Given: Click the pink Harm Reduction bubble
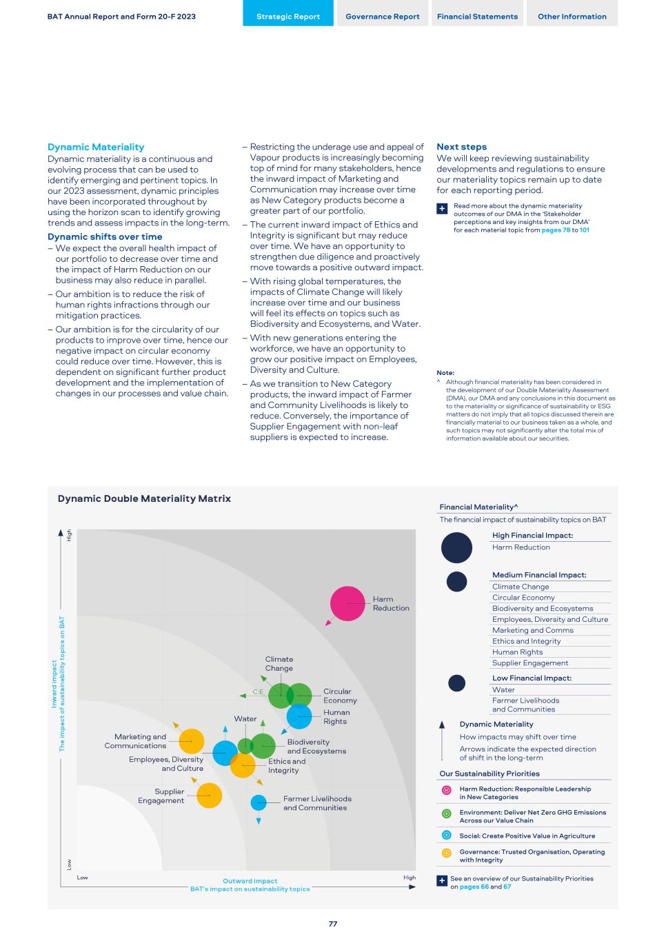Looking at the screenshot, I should tap(347, 603).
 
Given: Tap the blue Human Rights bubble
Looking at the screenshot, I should tap(299, 716).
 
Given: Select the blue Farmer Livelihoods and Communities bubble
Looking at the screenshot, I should tap(259, 802).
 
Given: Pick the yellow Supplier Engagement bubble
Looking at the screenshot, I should tap(209, 796).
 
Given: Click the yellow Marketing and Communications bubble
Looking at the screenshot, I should tap(191, 741).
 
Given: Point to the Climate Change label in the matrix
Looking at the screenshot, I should tap(279, 664).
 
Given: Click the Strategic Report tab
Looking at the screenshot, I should tap(288, 17).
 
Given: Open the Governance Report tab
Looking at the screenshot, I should tap(383, 17).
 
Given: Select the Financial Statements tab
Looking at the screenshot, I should tap(477, 17).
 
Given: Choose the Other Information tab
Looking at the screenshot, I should tap(572, 17).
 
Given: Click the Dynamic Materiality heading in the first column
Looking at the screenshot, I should tap(96, 147).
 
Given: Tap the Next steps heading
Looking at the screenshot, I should tap(461, 147).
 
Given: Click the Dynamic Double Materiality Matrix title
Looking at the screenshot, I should tap(144, 498).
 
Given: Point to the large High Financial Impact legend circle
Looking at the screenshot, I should tap(456, 547).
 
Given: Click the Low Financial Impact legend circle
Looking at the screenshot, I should tap(456, 683).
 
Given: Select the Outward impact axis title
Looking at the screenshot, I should tap(250, 881).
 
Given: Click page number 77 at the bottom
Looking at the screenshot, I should tap(333, 924).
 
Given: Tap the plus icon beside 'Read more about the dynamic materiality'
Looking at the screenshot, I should tap(442, 208).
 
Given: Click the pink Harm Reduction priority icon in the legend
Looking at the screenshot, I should tap(446, 790).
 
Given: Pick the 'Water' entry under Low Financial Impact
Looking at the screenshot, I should tap(503, 689).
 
